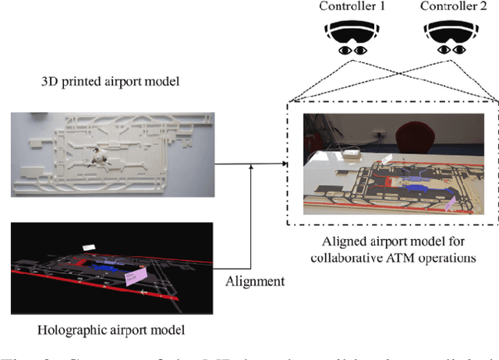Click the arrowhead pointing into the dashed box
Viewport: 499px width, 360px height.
point(285,164)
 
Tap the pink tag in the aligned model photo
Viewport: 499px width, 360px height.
point(450,203)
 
